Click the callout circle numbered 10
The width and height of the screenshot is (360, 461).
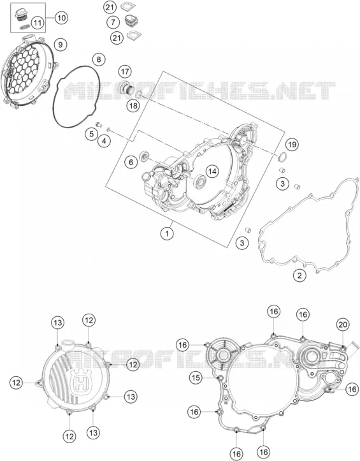pyautogui.click(x=61, y=18)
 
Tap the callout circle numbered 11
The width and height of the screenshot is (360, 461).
pyautogui.click(x=38, y=23)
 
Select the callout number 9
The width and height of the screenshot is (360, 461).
pyautogui.click(x=61, y=45)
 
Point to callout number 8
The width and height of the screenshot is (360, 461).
pyautogui.click(x=99, y=59)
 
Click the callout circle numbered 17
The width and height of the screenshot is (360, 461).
pyautogui.click(x=125, y=71)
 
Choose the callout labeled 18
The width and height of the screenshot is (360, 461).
pyautogui.click(x=133, y=106)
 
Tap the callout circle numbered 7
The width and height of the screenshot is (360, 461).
pyautogui.click(x=113, y=22)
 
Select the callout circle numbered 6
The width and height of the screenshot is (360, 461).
pyautogui.click(x=131, y=162)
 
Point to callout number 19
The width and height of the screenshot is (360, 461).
pyautogui.click(x=292, y=144)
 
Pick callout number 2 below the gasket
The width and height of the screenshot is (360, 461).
pyautogui.click(x=299, y=275)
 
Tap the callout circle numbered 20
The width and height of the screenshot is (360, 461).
pyautogui.click(x=343, y=325)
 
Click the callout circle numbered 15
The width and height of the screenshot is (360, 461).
pyautogui.click(x=196, y=377)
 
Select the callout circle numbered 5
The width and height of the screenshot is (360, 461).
pyautogui.click(x=92, y=134)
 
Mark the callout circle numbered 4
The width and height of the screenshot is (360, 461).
pyautogui.click(x=104, y=141)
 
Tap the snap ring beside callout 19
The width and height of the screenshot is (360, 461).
pyautogui.click(x=282, y=157)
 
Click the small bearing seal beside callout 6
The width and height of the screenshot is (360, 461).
pyautogui.click(x=145, y=156)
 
